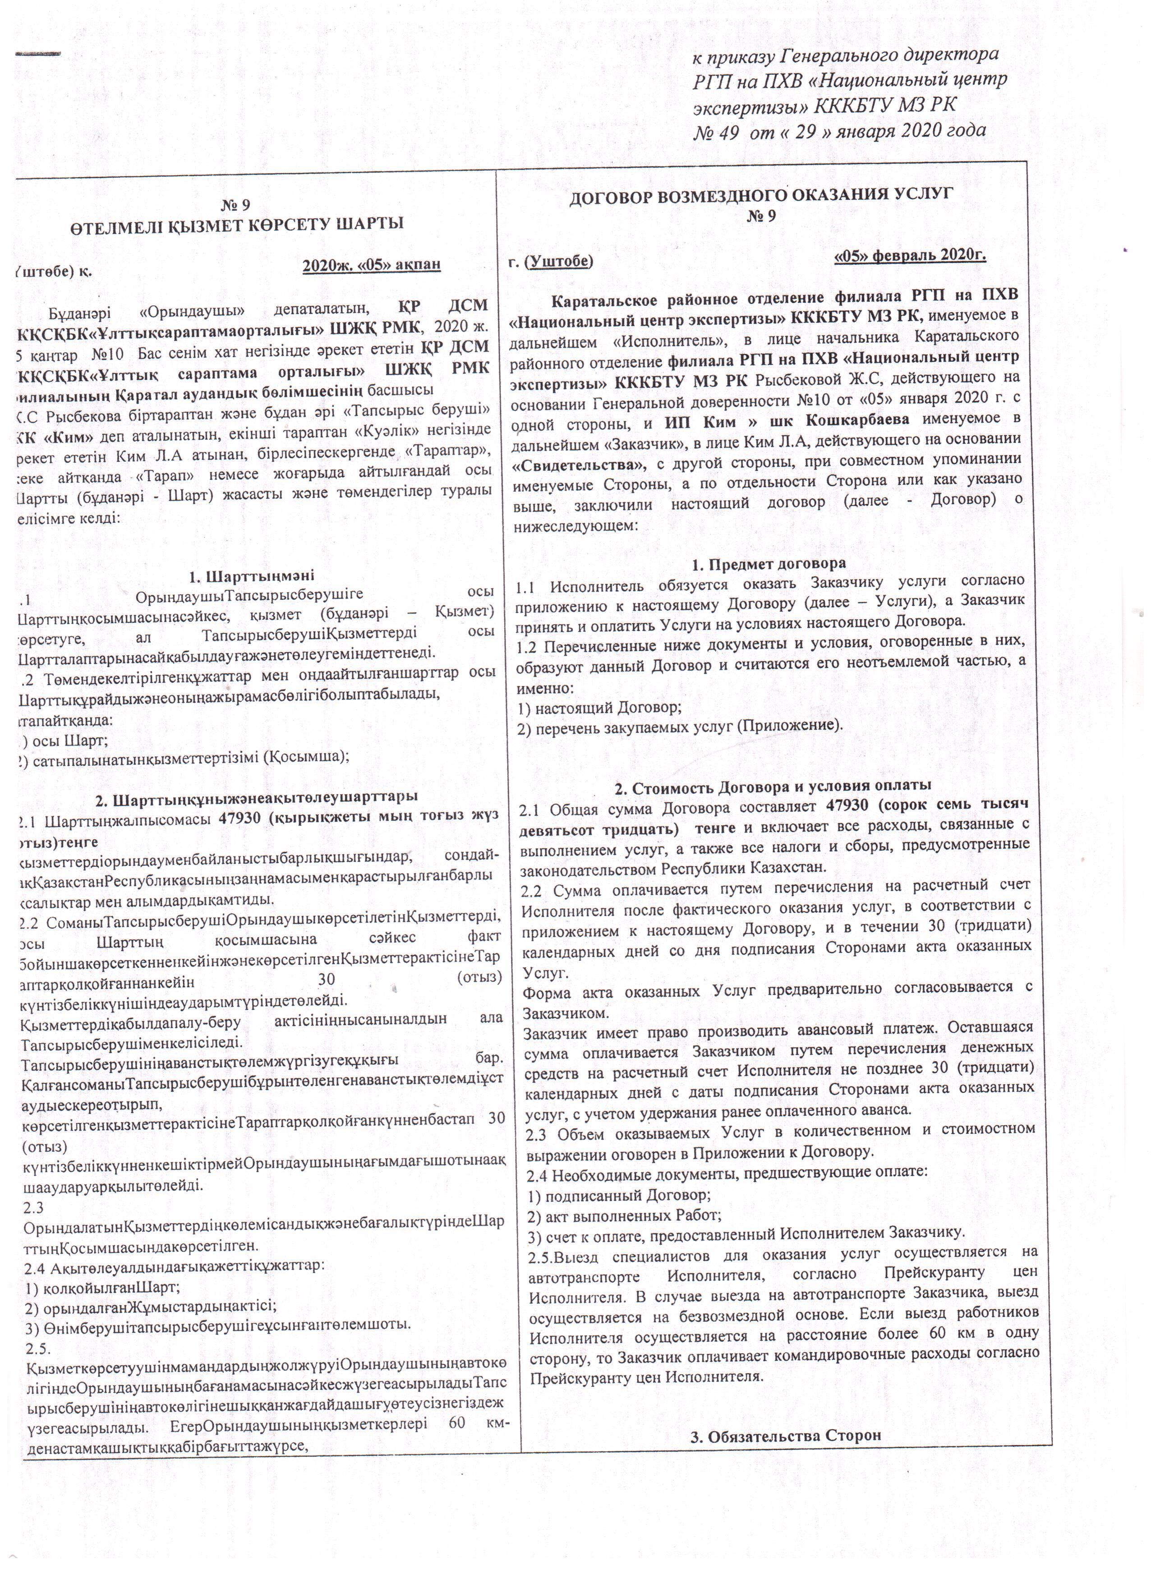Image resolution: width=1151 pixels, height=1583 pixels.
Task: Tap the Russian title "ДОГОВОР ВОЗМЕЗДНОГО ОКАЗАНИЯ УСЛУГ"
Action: click(x=761, y=195)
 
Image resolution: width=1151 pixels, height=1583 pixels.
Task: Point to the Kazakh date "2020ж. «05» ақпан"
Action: click(x=372, y=266)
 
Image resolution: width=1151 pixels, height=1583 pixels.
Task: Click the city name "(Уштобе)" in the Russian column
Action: click(x=558, y=262)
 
